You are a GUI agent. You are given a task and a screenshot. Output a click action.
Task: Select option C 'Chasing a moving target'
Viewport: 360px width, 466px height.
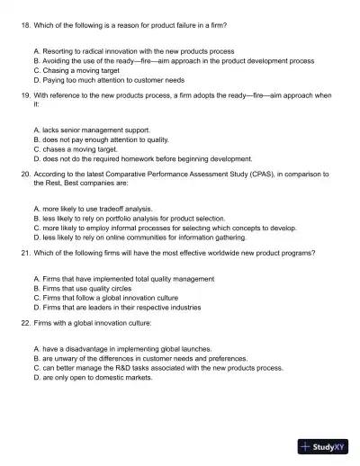[76, 70]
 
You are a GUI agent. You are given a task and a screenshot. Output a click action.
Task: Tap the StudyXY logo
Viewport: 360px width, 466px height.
[323, 445]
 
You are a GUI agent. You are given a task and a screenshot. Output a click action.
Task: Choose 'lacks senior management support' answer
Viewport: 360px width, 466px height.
[90, 131]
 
